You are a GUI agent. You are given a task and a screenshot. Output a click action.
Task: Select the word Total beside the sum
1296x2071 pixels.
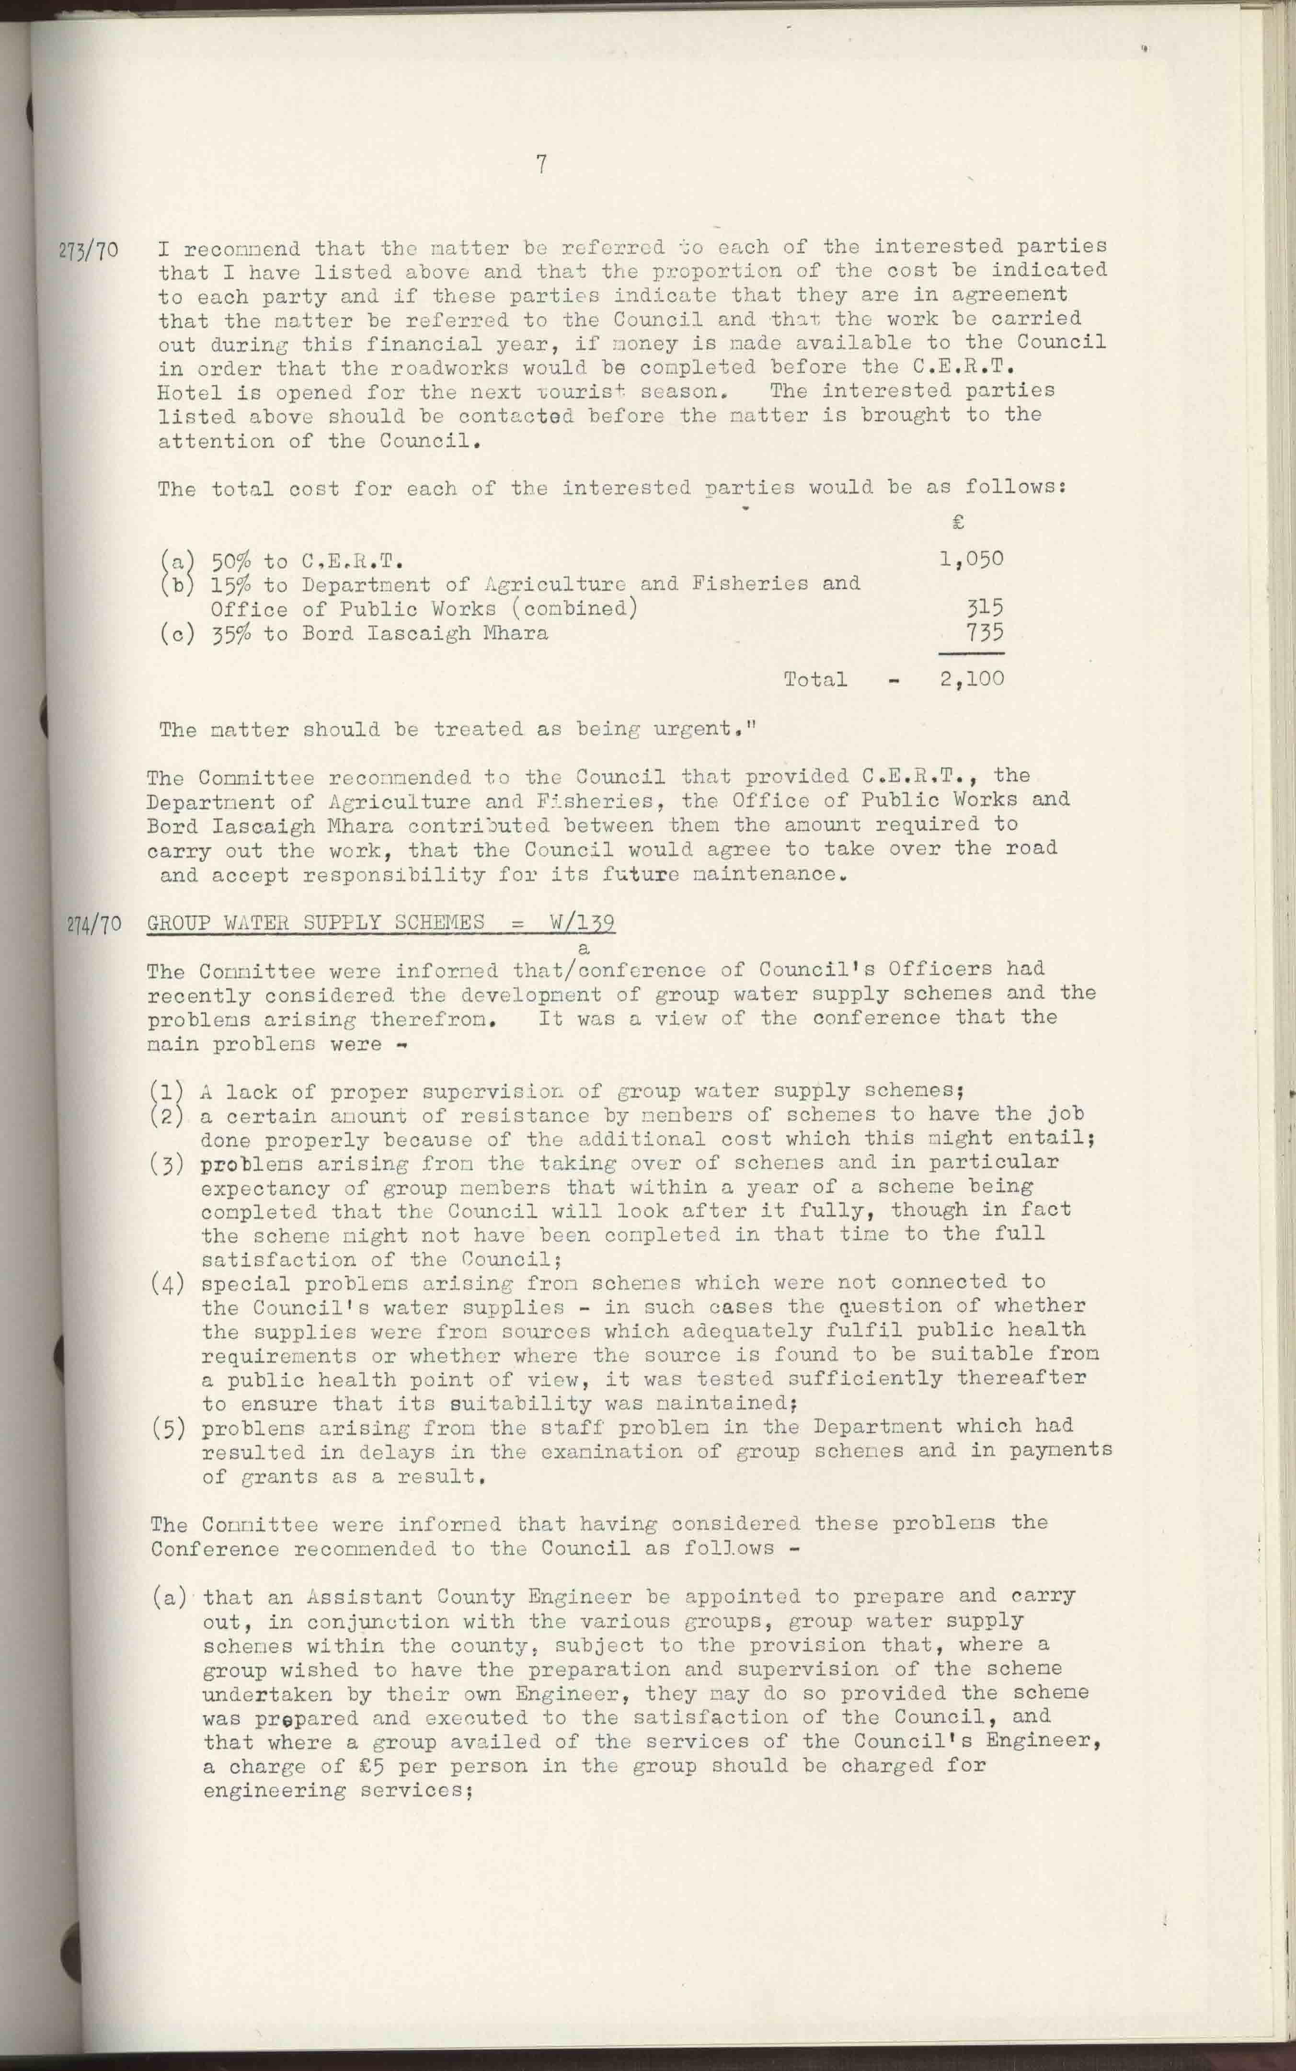(814, 679)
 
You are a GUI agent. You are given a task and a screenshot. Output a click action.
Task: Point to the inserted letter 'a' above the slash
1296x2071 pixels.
(585, 948)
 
